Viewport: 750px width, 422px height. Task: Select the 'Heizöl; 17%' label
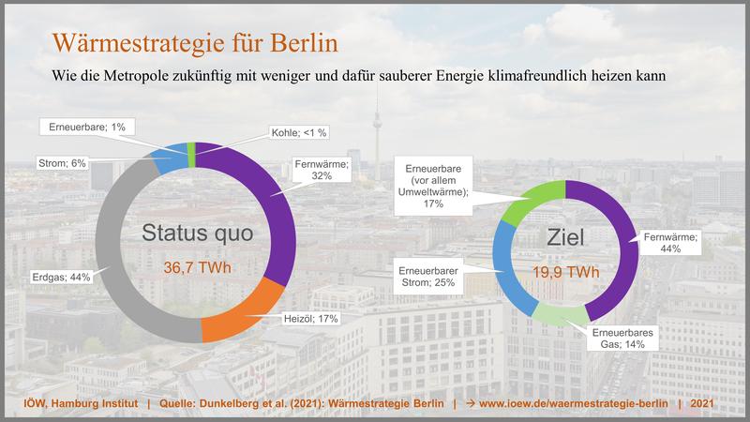[x=311, y=319]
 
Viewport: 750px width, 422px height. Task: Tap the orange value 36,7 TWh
[x=197, y=268]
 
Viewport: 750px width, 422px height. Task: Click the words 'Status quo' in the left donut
[x=198, y=233]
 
